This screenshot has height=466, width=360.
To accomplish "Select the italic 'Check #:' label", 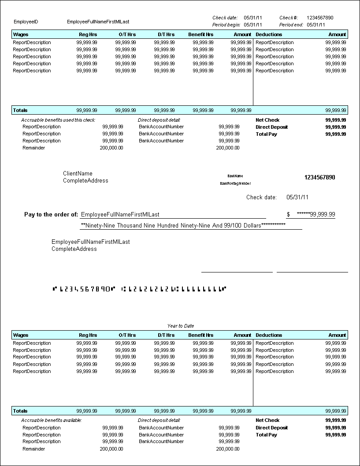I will [x=289, y=18].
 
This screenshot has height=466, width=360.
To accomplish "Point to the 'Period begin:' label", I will [x=226, y=25].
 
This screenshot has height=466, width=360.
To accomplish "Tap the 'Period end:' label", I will [x=291, y=25].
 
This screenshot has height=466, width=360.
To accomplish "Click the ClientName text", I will [x=78, y=173].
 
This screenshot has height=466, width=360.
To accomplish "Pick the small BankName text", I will [x=235, y=176].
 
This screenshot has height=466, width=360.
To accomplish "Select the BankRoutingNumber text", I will [x=235, y=183].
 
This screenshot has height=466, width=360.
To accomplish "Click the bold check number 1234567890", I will [x=319, y=178].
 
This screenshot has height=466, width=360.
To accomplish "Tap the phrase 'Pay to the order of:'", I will [x=51, y=215].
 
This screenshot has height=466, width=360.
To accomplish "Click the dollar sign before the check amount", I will [x=288, y=215].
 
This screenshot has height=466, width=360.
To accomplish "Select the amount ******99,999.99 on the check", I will [x=316, y=215].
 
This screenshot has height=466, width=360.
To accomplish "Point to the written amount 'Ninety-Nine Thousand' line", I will [x=183, y=225].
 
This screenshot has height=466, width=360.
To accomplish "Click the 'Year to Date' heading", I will [x=180, y=326].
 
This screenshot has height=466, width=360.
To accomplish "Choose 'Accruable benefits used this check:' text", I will [x=58, y=120].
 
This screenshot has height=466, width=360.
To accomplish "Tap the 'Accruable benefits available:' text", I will [x=51, y=420].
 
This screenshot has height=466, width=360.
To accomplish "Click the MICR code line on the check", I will [x=139, y=289].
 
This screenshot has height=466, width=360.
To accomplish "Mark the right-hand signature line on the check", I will [x=312, y=272].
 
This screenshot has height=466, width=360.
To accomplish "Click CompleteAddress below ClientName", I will [x=85, y=180].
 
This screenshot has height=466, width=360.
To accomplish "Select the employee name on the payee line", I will [x=120, y=215].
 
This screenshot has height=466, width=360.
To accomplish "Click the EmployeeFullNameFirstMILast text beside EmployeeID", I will [x=98, y=22].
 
